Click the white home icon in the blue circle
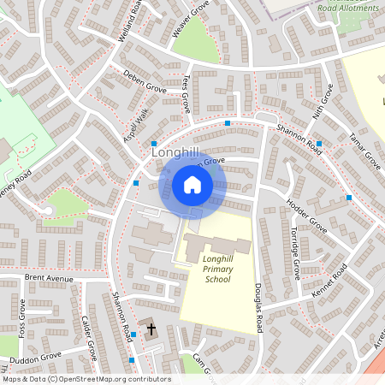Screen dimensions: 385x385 pos(192,184)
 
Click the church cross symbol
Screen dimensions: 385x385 pos(151,329)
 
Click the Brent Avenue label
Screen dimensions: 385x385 pos(50,278)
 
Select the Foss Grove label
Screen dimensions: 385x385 pos(21,319)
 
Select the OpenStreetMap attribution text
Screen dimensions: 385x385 pos(86,378)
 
